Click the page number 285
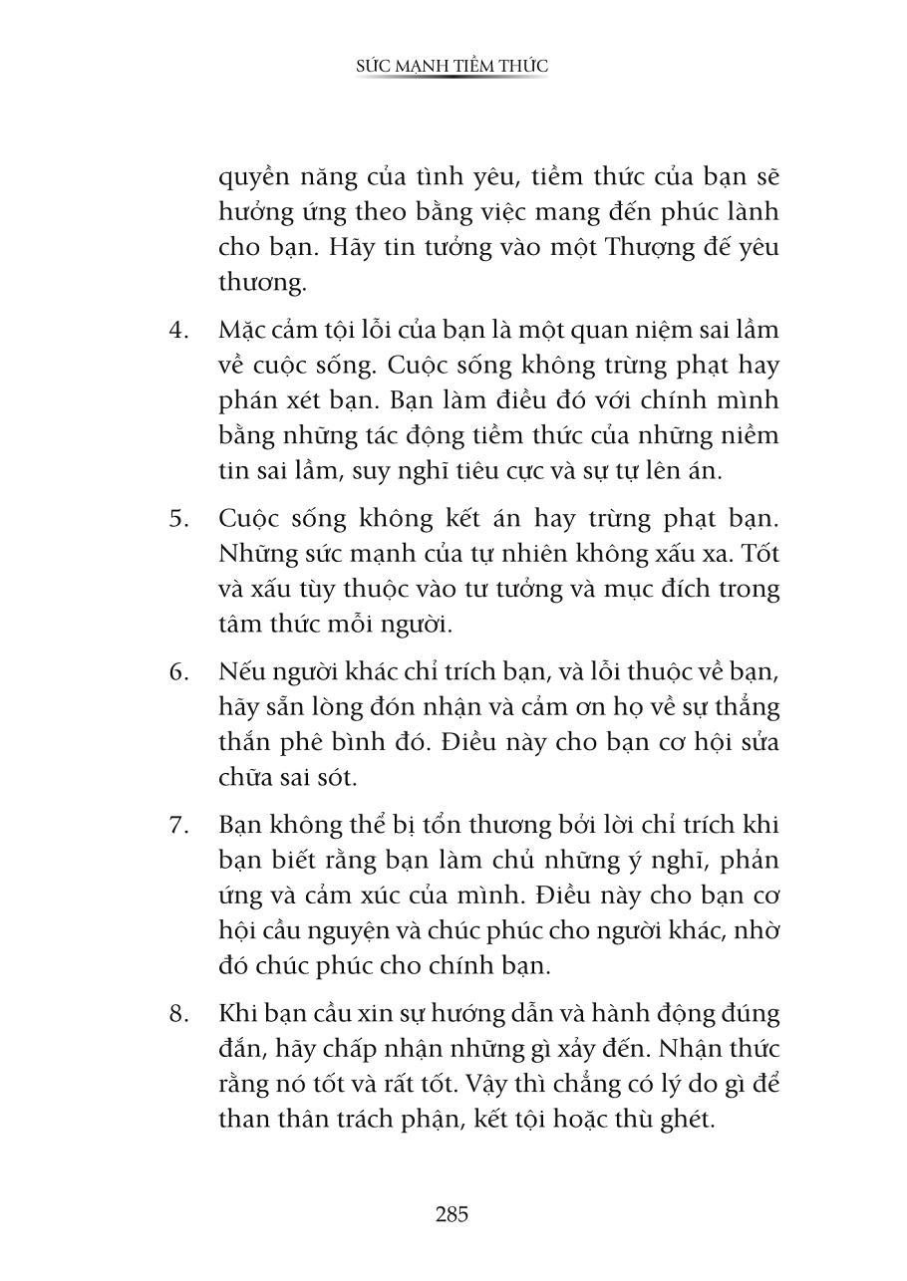point(452,1214)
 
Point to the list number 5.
point(177,518)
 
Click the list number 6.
point(177,671)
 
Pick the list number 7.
point(177,826)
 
